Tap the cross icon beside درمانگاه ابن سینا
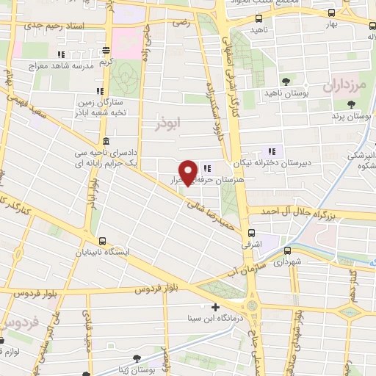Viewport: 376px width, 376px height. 214,308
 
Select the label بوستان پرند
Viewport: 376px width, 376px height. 348,117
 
